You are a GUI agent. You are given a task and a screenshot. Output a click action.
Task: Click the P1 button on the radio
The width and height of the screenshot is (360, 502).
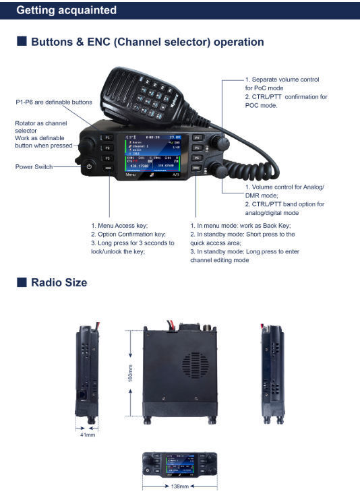[x=109, y=137]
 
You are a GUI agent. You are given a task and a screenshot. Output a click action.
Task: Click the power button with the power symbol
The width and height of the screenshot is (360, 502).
[x=89, y=165]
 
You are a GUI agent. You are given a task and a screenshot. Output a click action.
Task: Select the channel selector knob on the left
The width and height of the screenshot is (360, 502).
[x=86, y=143]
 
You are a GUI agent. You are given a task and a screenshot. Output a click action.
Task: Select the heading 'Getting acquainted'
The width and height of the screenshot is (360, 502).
[x=66, y=10]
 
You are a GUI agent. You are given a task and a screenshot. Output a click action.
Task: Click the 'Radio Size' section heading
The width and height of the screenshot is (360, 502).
[x=59, y=282]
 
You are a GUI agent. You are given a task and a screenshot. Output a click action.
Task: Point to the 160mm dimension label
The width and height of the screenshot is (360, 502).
[x=130, y=373]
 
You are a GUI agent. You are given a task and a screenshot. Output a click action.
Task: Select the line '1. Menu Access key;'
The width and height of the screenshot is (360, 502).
[x=119, y=226]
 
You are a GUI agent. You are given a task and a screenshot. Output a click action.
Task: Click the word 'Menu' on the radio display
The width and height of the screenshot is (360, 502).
[x=131, y=175]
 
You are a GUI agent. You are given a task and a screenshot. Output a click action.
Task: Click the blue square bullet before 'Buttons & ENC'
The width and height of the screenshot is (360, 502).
[x=22, y=42]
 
